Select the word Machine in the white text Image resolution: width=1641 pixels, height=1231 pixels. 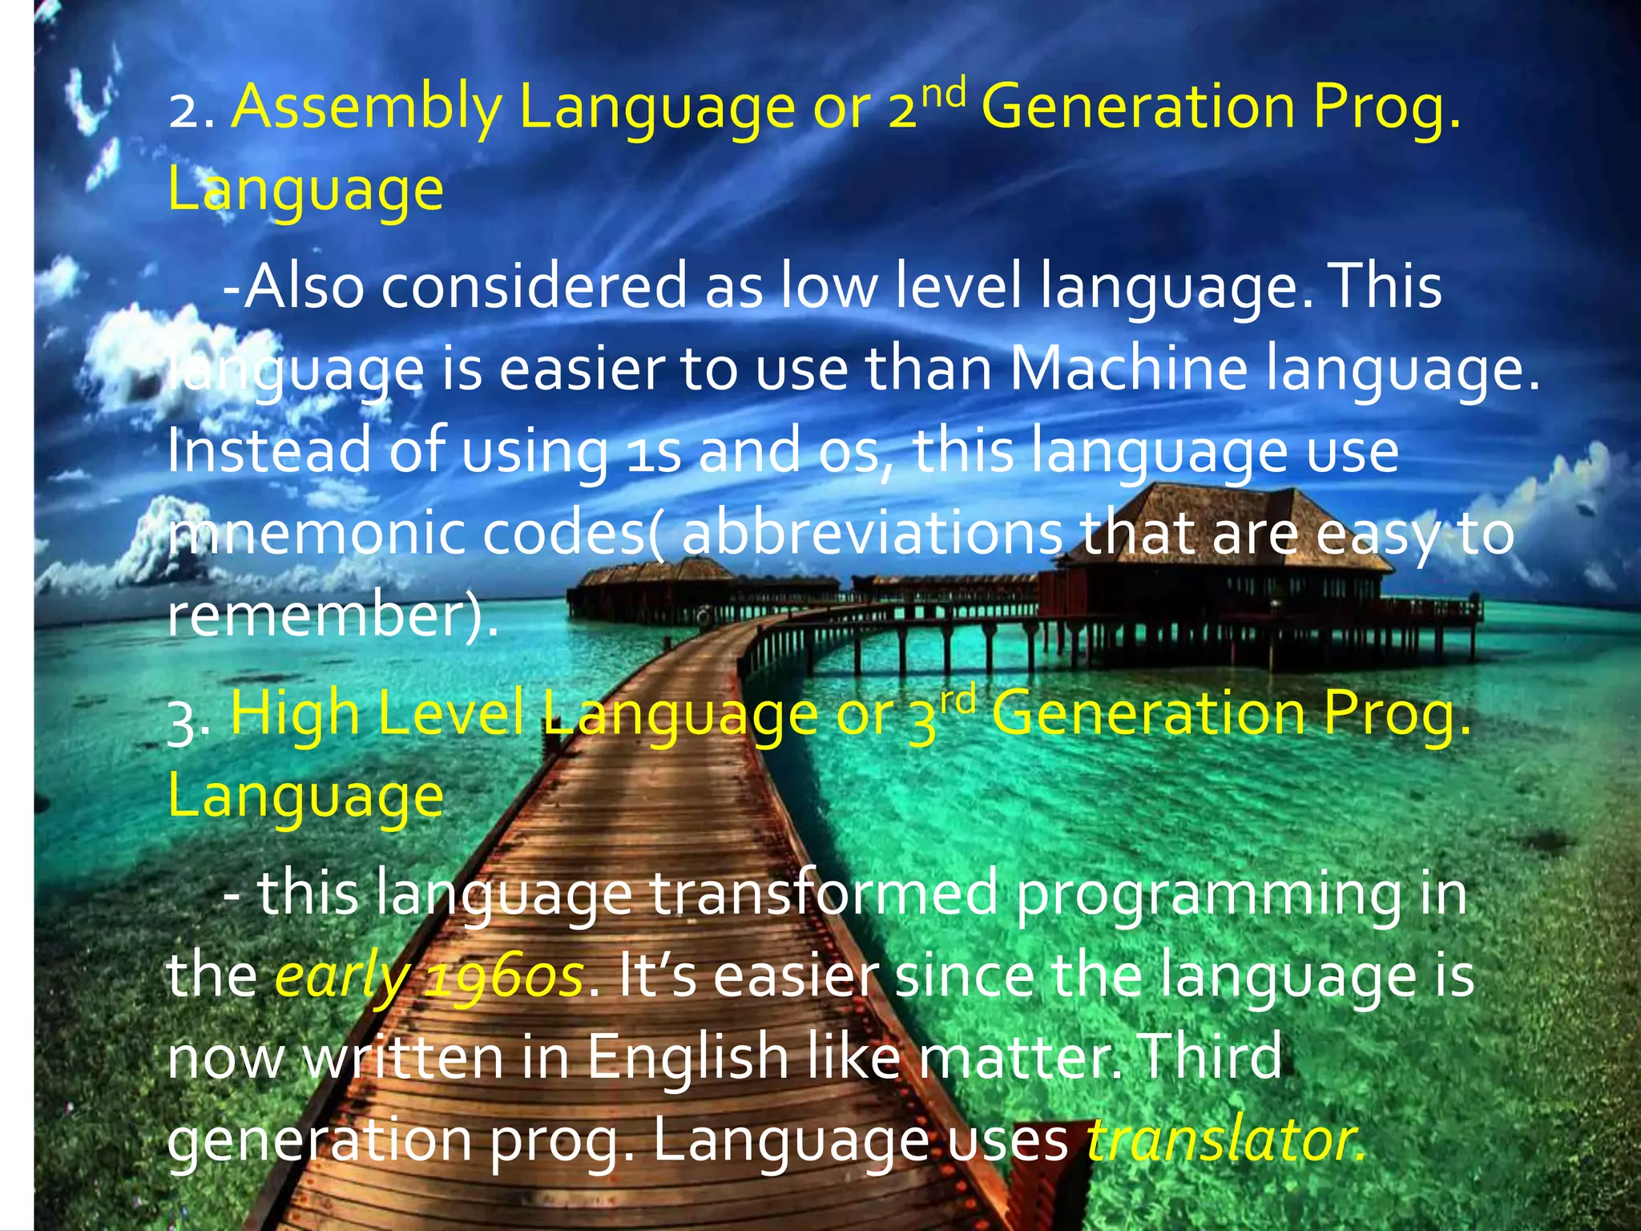[1128, 370]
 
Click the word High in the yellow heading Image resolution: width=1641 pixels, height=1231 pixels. [294, 713]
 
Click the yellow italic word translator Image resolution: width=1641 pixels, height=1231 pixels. [1224, 1140]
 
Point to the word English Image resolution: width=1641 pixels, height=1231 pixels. [687, 1058]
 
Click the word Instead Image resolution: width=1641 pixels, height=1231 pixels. [269, 452]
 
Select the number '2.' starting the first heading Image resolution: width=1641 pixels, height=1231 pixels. [191, 113]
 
